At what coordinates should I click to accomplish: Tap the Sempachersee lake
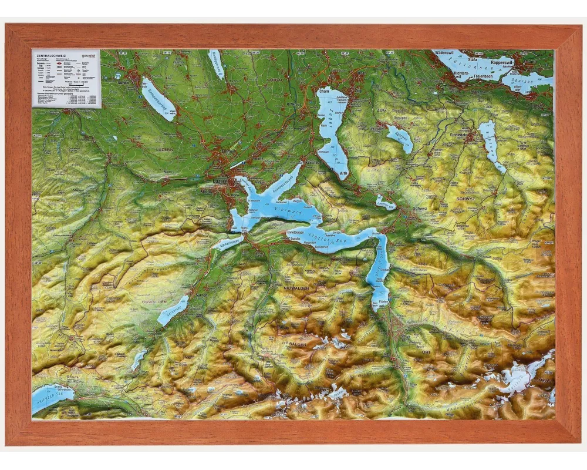tap(158, 99)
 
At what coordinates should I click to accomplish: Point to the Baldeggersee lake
tap(216, 63)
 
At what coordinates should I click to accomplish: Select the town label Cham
tap(325, 92)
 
